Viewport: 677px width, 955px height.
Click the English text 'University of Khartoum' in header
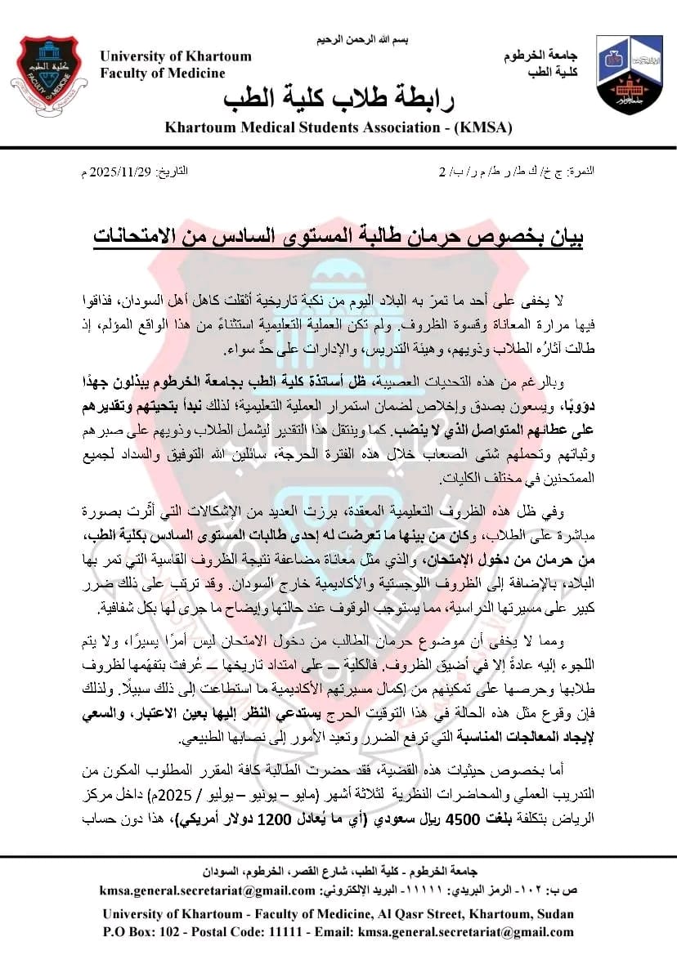coord(176,56)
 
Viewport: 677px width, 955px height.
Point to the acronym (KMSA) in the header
coord(483,127)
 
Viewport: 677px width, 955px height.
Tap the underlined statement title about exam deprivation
coord(338,237)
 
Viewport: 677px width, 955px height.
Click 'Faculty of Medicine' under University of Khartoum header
coord(163,73)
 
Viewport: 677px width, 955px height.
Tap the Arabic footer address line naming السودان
coord(338,871)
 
